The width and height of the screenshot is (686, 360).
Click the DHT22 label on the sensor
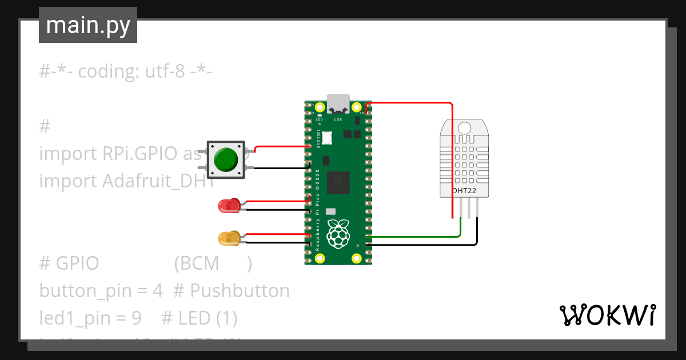(464, 191)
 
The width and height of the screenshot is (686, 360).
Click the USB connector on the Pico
(338, 103)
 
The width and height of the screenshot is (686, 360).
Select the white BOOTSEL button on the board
(327, 138)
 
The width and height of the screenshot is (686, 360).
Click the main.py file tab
(88, 26)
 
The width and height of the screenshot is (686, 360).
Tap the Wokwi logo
(607, 315)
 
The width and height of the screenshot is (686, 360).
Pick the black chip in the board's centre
(338, 182)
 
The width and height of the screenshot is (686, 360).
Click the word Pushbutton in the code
(240, 291)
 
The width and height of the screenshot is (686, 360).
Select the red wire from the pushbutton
(280, 147)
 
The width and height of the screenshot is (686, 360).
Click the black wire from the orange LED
(274, 243)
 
